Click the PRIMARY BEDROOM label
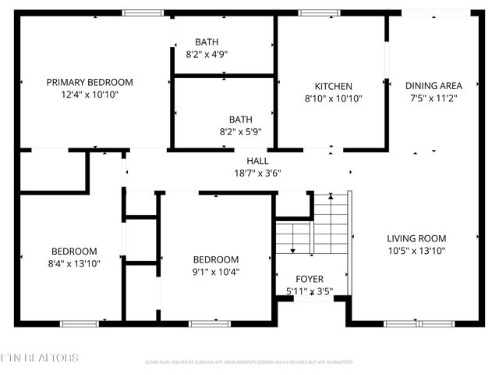point(90,82)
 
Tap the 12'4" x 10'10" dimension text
point(90,95)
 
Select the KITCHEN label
point(334,86)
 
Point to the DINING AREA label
point(434,86)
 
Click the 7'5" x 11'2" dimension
point(434,98)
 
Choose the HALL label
point(257,160)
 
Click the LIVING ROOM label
point(416,238)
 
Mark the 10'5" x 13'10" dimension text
point(416,251)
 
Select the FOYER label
point(310,279)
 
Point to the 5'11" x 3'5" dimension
point(310,291)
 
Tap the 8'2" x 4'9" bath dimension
point(207,55)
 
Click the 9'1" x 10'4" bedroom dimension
point(216,272)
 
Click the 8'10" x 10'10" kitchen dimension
point(334,98)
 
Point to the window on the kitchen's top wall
point(314,12)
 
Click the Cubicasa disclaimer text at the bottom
point(249,362)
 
